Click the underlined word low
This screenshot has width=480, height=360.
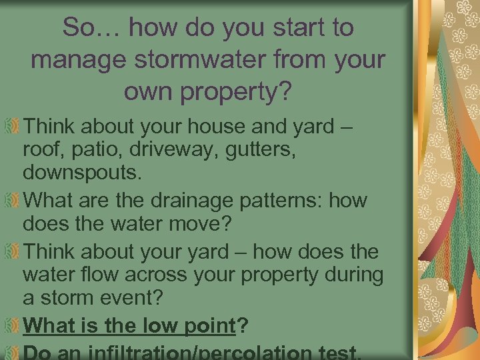pyautogui.click(x=161, y=327)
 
